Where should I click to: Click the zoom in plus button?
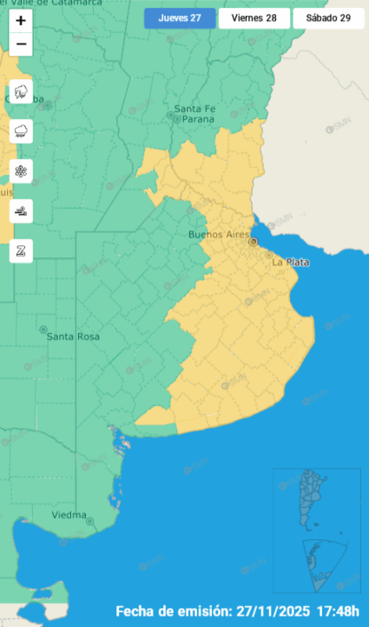(x=21, y=20)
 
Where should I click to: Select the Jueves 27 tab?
(x=179, y=18)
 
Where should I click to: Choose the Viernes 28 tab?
(x=254, y=18)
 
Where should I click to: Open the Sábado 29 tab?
(x=327, y=18)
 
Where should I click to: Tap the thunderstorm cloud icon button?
(x=21, y=92)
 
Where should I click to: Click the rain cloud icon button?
(x=21, y=131)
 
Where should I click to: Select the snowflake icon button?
(x=21, y=171)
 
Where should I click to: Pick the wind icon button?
(x=21, y=210)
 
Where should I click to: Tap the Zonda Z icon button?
(x=21, y=250)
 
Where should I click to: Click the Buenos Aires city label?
(x=219, y=236)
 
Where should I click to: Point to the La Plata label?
(x=290, y=262)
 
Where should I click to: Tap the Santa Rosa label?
(x=73, y=337)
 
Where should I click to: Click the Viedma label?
(x=69, y=515)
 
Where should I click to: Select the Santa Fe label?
(x=194, y=109)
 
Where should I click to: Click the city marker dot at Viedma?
(x=90, y=521)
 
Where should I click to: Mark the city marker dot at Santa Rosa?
(x=43, y=330)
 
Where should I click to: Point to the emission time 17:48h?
(x=341, y=610)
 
